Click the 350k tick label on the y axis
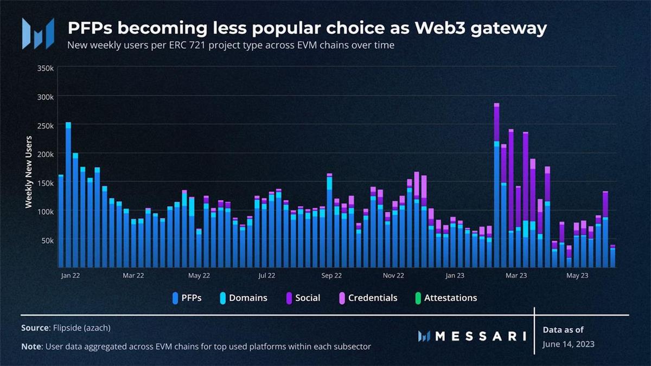45,68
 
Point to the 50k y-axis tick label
47,240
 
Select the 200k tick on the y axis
45,154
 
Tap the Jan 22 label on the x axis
71,275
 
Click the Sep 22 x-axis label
331,275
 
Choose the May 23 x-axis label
577,275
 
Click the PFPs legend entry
187,298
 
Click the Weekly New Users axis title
29,172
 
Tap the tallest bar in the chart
496,184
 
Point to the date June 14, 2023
567,344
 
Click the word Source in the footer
35,328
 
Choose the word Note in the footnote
31,346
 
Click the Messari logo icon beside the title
38,33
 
